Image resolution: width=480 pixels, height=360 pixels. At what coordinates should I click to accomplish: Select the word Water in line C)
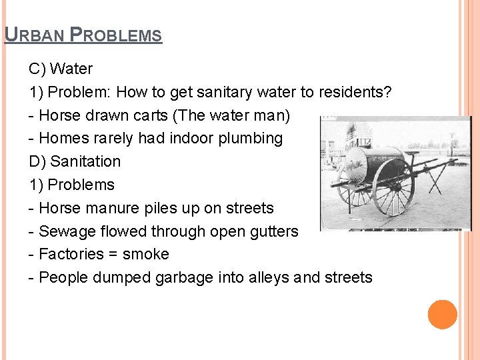pyautogui.click(x=71, y=69)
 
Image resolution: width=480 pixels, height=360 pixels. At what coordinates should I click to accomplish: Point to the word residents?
pyautogui.click(x=355, y=92)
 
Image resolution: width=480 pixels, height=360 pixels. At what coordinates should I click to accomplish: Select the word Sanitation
pyautogui.click(x=85, y=161)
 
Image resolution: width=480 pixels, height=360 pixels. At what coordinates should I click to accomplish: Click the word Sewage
pyautogui.click(x=64, y=231)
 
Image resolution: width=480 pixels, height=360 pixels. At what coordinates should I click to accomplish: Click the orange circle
pyautogui.click(x=443, y=315)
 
